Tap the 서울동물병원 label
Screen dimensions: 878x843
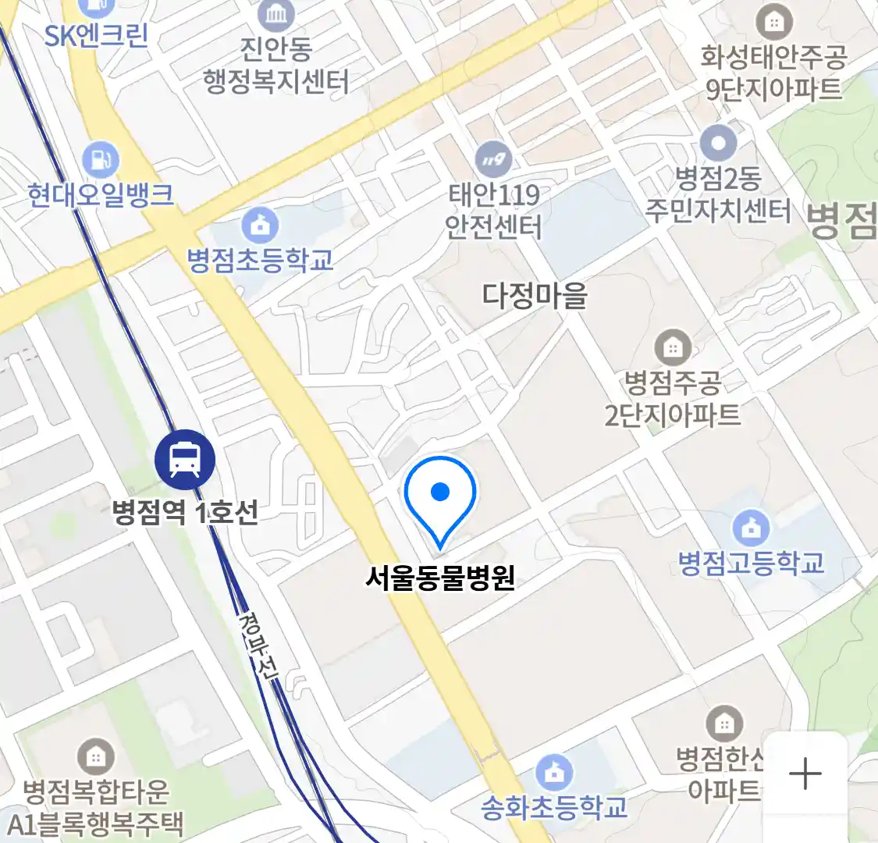[x=440, y=578]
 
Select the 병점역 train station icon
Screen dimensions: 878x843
[x=185, y=459]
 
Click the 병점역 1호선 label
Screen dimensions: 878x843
[x=185, y=513]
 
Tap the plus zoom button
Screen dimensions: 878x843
[x=805, y=774]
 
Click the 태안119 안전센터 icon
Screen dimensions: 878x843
[x=492, y=161]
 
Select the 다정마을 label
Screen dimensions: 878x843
[x=535, y=295]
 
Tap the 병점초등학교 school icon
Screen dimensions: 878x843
[x=260, y=226]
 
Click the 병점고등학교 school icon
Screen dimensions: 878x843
[x=751, y=528]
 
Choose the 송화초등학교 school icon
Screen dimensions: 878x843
[x=554, y=772]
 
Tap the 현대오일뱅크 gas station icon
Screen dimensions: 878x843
[x=101, y=160]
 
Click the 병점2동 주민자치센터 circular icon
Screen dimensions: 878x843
[x=718, y=144]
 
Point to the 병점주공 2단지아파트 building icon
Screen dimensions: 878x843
[x=672, y=348]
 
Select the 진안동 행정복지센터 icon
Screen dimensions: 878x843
[x=275, y=14]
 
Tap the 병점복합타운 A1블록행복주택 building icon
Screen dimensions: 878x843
[x=95, y=756]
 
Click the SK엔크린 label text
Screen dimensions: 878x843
[x=96, y=36]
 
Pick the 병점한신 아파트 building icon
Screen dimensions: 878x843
[x=724, y=724]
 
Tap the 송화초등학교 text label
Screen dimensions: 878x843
[x=554, y=807]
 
